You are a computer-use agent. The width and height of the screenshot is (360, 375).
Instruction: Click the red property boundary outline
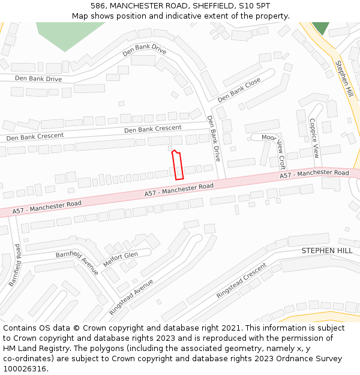[x=178, y=165]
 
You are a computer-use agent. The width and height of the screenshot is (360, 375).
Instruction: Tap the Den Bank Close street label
[x=239, y=89]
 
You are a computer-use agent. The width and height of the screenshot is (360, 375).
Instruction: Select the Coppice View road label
[x=314, y=137]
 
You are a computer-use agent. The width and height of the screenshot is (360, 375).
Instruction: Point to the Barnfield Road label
[x=15, y=265]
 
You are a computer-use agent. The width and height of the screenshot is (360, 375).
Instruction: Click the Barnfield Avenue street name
[x=77, y=263]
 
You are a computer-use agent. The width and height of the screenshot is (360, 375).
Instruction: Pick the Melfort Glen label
[x=121, y=259]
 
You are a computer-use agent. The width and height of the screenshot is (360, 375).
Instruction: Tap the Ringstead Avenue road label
[x=131, y=297]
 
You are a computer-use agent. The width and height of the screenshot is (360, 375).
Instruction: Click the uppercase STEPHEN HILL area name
[x=327, y=250]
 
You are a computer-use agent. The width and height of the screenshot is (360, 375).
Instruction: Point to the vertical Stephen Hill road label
[x=344, y=79]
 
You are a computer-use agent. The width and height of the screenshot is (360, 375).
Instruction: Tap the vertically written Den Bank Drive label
[x=214, y=139]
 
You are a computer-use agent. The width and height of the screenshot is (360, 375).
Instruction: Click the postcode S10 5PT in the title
[x=256, y=5]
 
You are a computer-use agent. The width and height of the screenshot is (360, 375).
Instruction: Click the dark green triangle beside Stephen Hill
[x=320, y=27]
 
